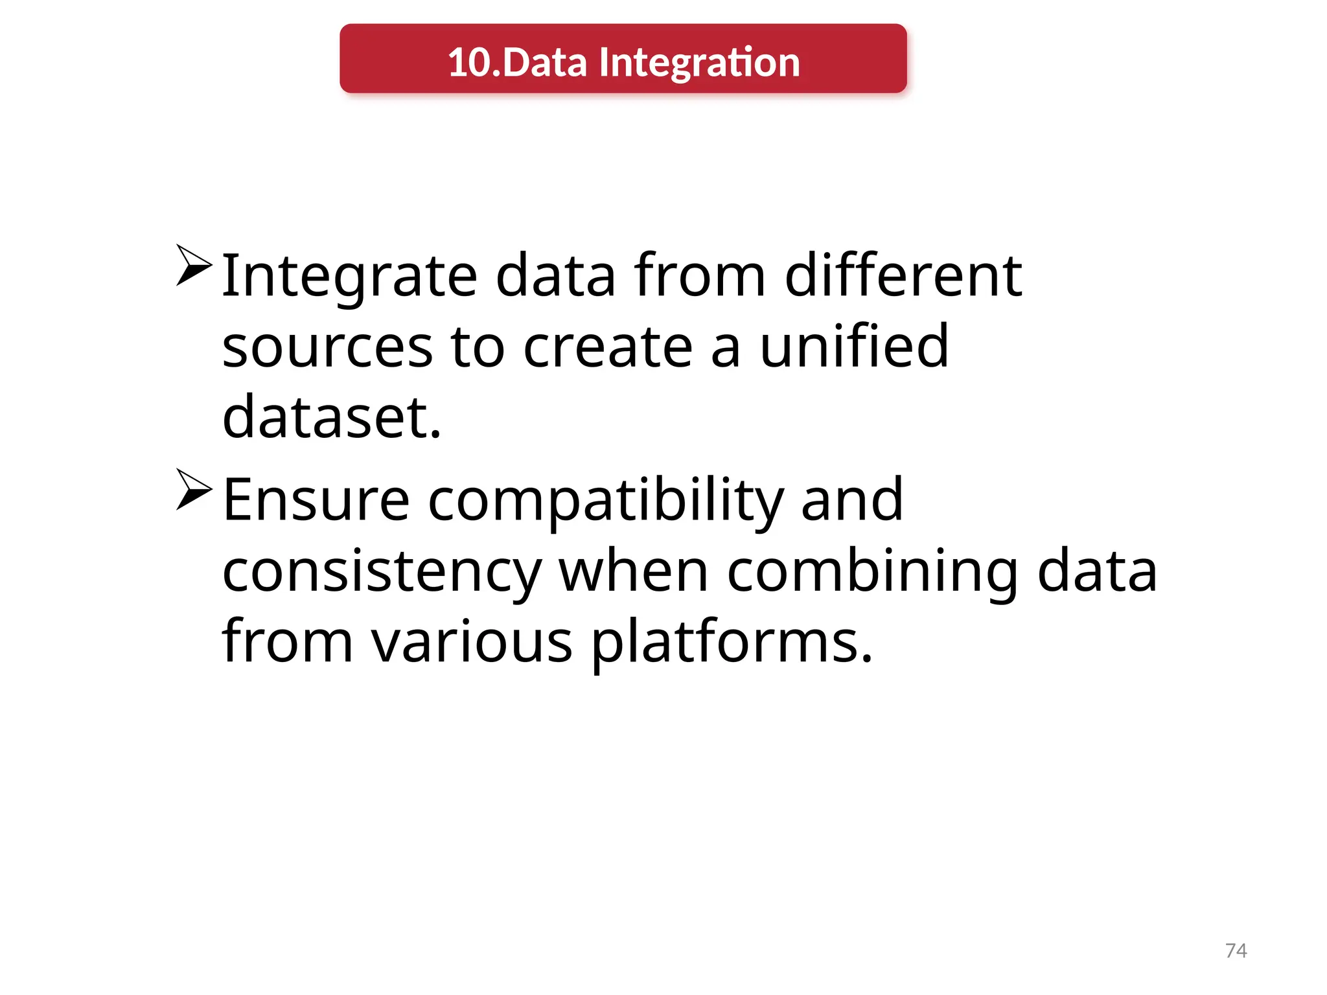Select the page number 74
(1236, 950)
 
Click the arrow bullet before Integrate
(194, 265)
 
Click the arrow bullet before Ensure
(194, 489)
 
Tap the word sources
(327, 347)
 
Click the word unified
(854, 347)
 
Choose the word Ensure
(316, 500)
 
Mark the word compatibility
(606, 500)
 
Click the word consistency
(382, 571)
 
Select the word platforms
(732, 642)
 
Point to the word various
(472, 642)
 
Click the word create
(608, 347)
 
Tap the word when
(634, 571)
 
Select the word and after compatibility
(852, 500)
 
